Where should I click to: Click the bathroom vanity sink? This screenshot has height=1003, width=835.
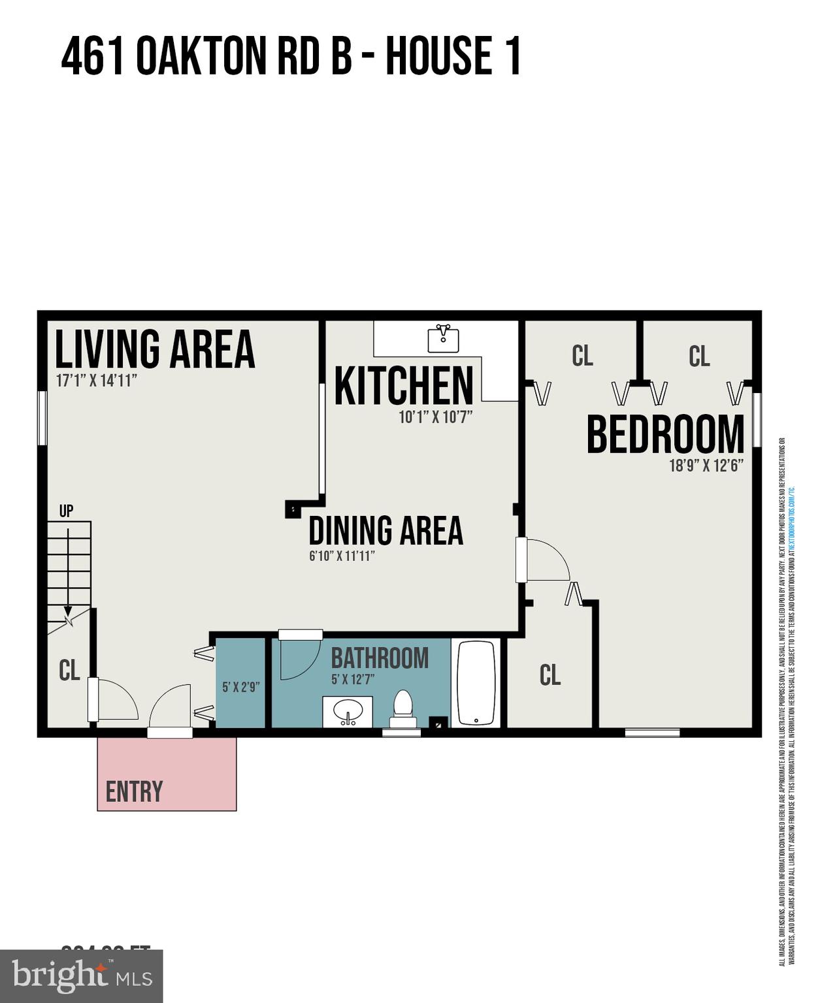pyautogui.click(x=348, y=711)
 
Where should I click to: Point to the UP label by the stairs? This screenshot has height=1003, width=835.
pyautogui.click(x=66, y=511)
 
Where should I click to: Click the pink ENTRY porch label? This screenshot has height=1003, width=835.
pyautogui.click(x=134, y=791)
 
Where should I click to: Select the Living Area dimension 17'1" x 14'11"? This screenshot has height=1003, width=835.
pyautogui.click(x=96, y=381)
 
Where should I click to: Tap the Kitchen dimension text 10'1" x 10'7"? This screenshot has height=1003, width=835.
pyautogui.click(x=435, y=417)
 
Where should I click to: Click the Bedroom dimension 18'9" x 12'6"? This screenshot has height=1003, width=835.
pyautogui.click(x=706, y=466)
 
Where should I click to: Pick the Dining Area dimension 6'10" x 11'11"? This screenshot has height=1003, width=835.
pyautogui.click(x=342, y=556)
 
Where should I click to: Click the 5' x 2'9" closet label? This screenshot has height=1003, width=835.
pyautogui.click(x=241, y=687)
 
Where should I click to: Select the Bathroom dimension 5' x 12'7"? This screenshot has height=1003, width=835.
pyautogui.click(x=353, y=679)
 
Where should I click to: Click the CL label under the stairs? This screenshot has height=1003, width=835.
pyautogui.click(x=69, y=671)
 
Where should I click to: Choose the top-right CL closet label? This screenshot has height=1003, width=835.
pyautogui.click(x=699, y=357)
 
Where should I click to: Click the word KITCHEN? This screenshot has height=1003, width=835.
pyautogui.click(x=404, y=386)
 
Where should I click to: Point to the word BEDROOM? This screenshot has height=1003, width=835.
pyautogui.click(x=665, y=435)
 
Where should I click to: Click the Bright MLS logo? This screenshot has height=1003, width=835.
pyautogui.click(x=81, y=976)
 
